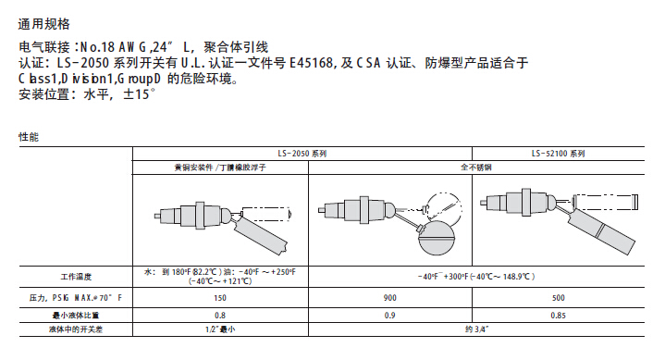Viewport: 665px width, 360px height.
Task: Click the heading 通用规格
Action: pos(44,24)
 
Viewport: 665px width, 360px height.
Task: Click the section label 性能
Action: pos(29,137)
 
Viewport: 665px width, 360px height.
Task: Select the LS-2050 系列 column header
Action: pos(302,154)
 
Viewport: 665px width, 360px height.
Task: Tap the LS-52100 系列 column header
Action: pos(558,154)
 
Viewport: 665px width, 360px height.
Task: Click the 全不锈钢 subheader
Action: pos(475,168)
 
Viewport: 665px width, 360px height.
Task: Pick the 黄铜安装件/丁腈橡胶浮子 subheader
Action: pos(220,168)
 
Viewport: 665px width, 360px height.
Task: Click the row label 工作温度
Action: pos(76,277)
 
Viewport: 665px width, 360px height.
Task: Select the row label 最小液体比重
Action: pos(76,316)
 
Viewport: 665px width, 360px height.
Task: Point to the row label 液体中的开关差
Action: pos(76,329)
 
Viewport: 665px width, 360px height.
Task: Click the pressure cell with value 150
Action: pos(220,298)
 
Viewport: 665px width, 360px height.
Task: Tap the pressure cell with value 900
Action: pos(389,298)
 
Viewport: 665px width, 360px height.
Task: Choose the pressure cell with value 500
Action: pos(558,298)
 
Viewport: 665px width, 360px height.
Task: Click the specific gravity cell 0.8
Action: pos(220,316)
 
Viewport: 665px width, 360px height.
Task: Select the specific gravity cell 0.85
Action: pos(558,316)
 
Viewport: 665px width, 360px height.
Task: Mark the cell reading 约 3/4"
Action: pos(476,329)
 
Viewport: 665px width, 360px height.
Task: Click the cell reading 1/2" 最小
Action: pos(220,329)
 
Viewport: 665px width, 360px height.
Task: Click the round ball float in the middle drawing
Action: pos(436,239)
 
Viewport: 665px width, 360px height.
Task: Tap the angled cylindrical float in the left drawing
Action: pos(260,234)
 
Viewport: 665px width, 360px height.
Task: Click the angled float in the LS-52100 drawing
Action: pos(601,230)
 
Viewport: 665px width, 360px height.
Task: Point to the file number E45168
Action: pos(312,63)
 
